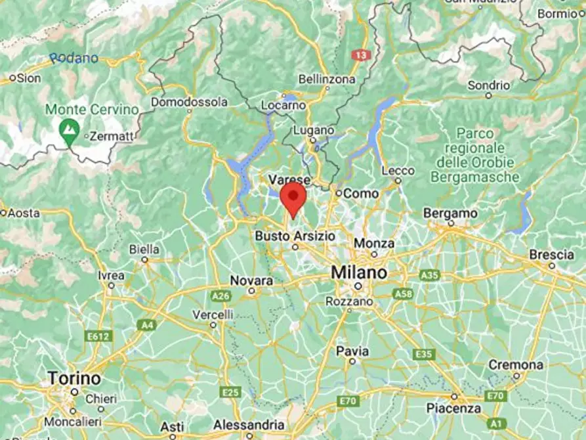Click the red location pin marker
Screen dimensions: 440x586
point(293,198)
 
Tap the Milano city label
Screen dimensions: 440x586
point(358,272)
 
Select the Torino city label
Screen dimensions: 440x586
point(74,378)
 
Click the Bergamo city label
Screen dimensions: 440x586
point(450,213)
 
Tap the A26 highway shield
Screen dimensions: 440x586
point(221,296)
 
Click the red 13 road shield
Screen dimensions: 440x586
point(360,56)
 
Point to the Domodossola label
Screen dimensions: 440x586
point(189,102)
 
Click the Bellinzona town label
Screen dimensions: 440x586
point(327,79)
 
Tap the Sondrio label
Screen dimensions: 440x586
point(488,85)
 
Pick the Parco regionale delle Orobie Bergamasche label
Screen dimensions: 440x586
point(475,156)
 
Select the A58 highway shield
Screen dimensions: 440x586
point(402,294)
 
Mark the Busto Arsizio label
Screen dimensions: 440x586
point(295,235)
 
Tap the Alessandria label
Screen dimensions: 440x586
point(249,424)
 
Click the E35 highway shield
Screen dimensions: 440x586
point(424,355)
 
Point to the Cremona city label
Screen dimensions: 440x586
point(516,364)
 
